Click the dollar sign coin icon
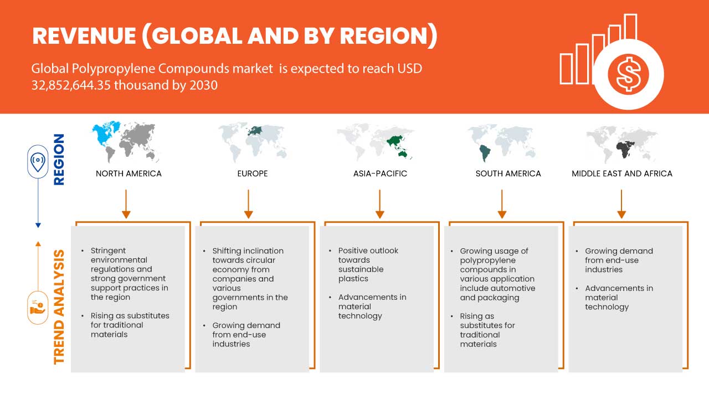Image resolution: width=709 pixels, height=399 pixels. tap(628, 74)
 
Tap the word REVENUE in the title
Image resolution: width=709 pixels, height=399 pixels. tap(83, 36)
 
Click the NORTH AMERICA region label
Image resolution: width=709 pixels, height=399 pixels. tap(129, 173)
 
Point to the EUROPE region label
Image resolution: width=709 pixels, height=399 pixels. tap(252, 173)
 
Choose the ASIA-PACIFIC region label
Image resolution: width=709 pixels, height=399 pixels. tap(380, 173)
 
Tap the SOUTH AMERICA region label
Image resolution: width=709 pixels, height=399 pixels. tap(508, 173)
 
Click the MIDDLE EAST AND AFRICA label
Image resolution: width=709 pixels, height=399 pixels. tap(621, 173)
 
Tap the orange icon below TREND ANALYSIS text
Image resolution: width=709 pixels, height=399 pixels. tap(38, 306)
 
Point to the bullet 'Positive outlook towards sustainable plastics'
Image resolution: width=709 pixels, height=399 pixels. tap(368, 264)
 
